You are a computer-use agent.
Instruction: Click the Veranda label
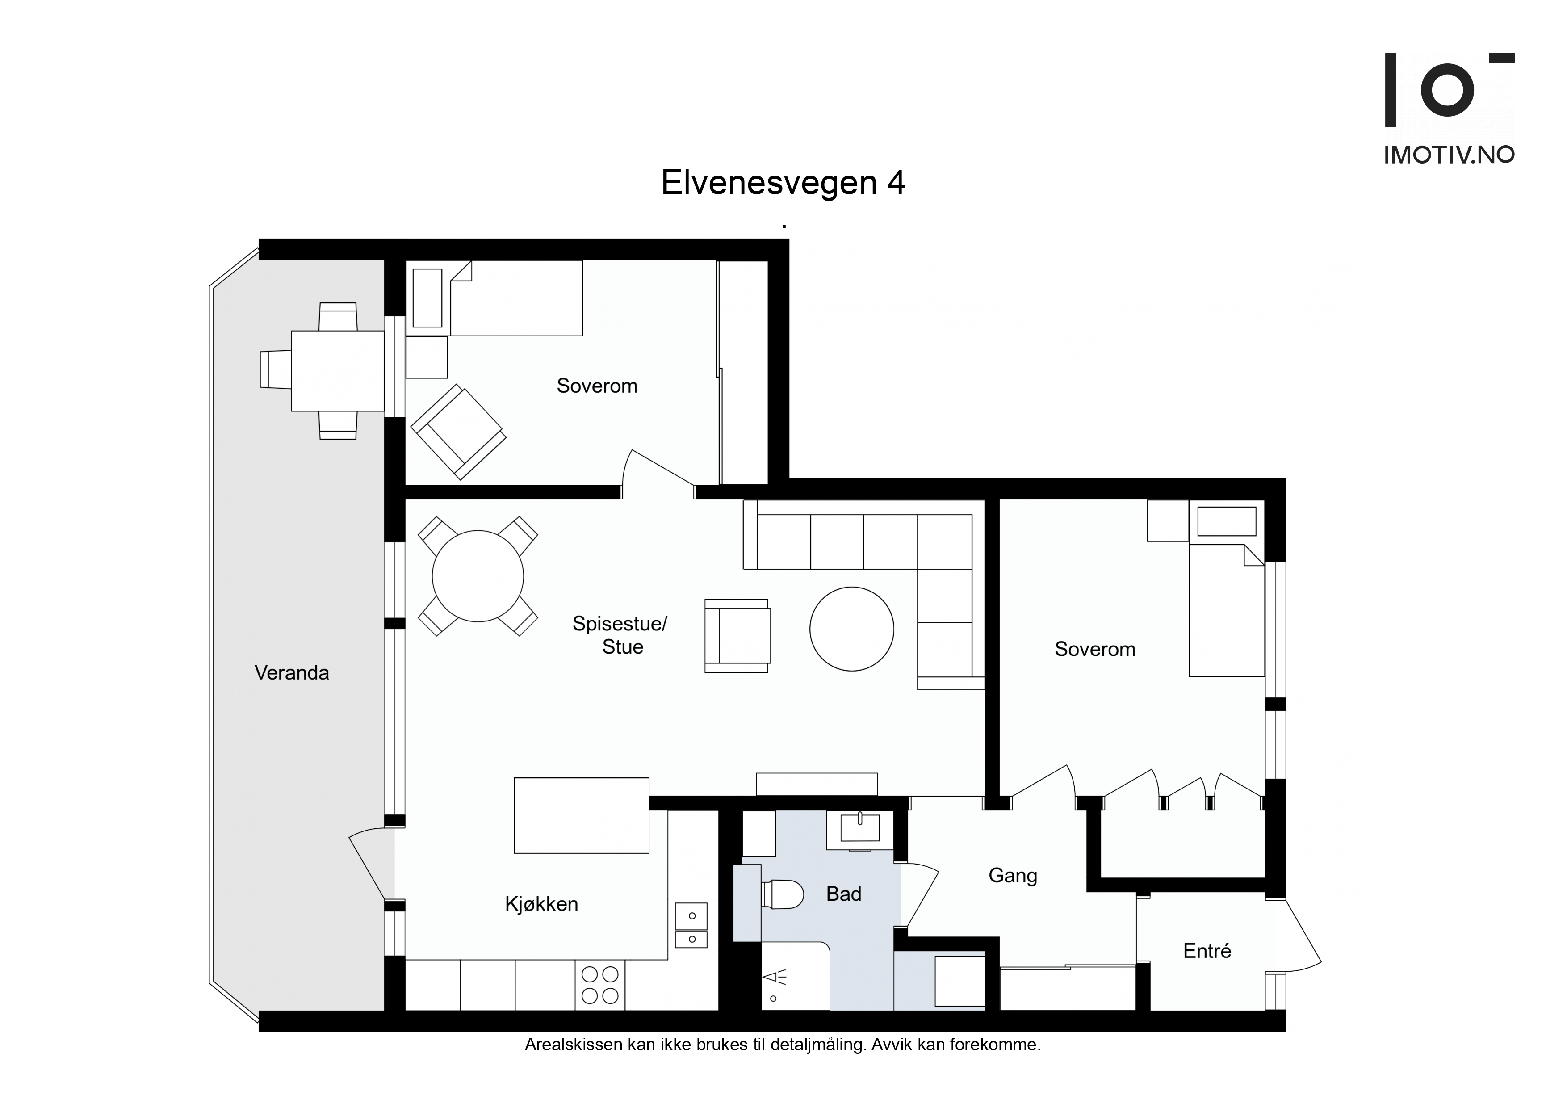(x=291, y=673)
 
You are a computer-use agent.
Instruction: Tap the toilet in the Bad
(x=782, y=894)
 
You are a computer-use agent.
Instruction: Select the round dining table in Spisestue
(x=478, y=576)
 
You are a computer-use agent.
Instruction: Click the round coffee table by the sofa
(x=852, y=629)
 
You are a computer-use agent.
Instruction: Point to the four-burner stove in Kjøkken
(x=600, y=985)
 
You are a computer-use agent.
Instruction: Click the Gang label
(x=1013, y=876)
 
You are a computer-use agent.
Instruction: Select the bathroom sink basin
(x=860, y=830)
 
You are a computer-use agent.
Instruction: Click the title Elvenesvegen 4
(x=783, y=183)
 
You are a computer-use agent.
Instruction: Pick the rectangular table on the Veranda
(x=338, y=371)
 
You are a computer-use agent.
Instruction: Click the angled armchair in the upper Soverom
(x=458, y=432)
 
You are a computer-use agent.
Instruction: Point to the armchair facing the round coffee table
(x=738, y=636)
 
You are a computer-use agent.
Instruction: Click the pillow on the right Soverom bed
(x=1227, y=521)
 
